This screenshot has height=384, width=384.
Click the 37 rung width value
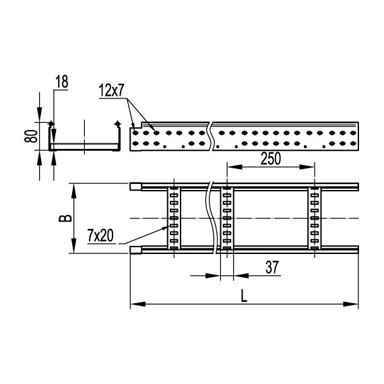tap(271, 267)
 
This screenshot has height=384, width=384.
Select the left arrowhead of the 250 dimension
tap(230, 168)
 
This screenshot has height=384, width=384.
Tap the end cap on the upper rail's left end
tap(135, 187)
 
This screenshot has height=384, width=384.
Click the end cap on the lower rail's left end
tap(135, 251)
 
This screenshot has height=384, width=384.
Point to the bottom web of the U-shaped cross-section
tap(86, 147)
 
